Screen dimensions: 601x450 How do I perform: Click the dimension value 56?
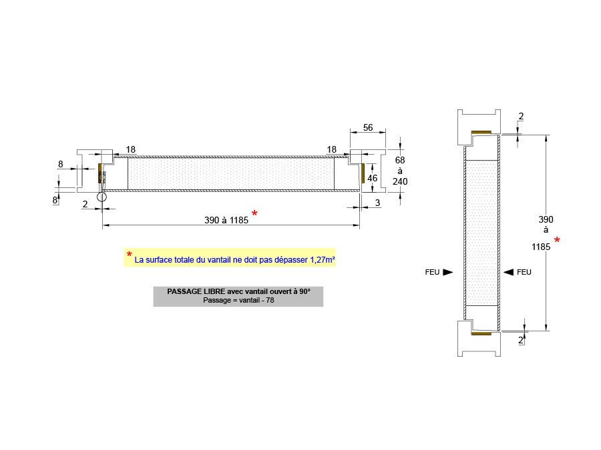367,127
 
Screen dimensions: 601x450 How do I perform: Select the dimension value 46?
372,178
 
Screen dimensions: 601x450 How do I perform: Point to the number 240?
400,181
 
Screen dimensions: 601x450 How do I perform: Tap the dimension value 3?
377,203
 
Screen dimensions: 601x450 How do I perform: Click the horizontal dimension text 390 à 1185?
226,221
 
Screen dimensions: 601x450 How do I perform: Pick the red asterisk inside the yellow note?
129,254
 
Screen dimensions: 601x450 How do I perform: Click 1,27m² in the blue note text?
323,260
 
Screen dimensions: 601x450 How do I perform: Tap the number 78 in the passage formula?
270,301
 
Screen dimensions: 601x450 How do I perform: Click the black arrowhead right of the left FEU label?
447,272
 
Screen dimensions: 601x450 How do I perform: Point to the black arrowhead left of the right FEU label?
508,272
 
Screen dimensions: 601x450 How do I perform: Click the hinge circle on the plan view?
102,197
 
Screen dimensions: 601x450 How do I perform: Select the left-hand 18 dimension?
131,149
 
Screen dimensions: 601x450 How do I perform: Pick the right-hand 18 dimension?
331,149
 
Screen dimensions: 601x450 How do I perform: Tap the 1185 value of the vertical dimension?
541,247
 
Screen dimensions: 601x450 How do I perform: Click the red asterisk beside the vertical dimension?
557,240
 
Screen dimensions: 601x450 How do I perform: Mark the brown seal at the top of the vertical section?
481,133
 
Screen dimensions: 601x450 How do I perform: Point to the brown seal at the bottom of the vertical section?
481,334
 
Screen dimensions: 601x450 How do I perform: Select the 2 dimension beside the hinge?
85,205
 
